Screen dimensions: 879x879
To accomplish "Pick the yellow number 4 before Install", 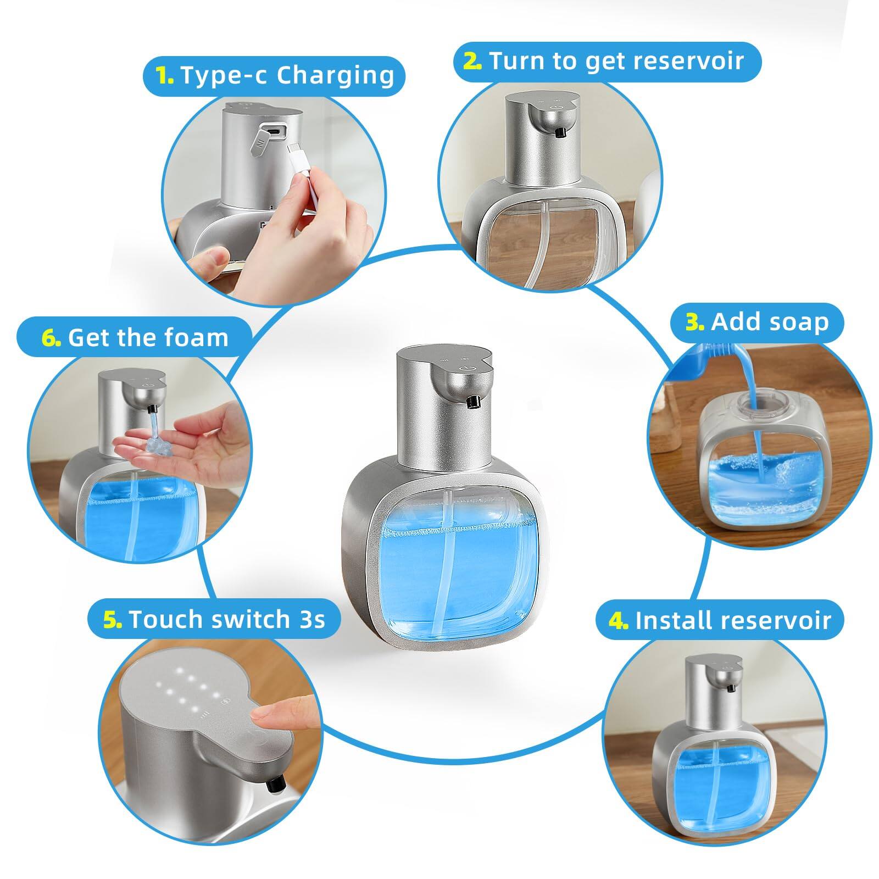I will tap(618, 621).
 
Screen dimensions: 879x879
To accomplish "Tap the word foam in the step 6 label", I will tap(199, 337).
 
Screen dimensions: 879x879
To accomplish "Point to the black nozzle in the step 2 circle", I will tap(560, 132).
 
